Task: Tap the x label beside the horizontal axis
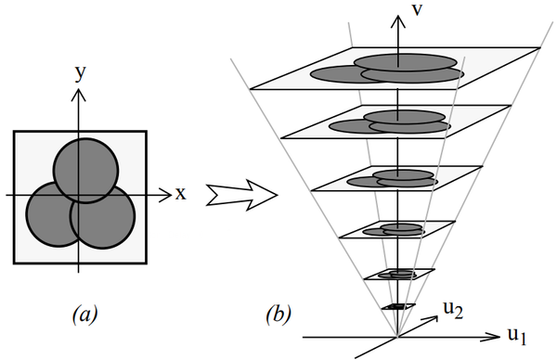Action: [x=180, y=194]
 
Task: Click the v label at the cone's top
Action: [x=419, y=13]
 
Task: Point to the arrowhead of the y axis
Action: [x=80, y=91]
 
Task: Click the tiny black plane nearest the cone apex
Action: [x=397, y=306]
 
